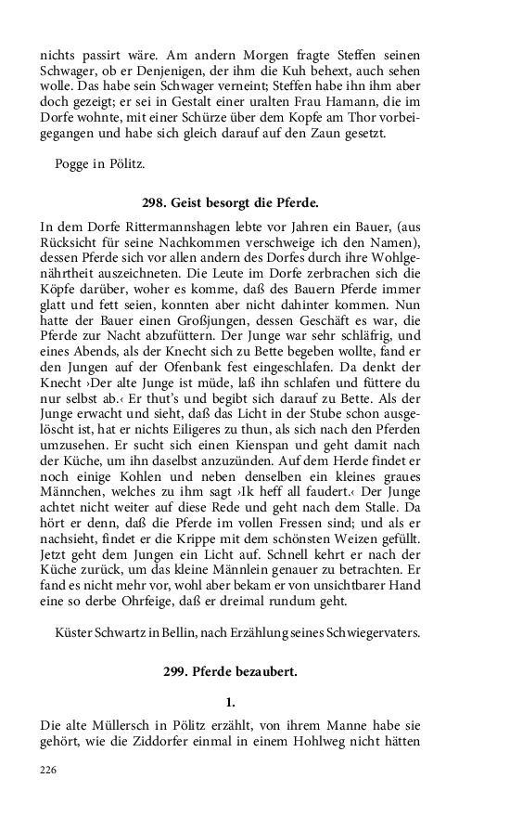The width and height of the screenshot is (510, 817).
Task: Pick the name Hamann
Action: [x=307, y=101]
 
